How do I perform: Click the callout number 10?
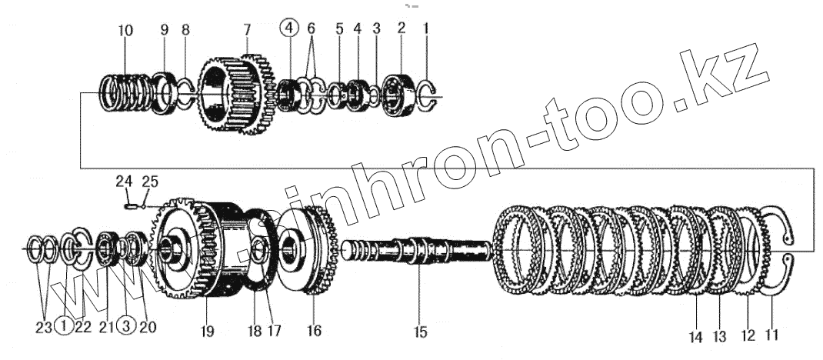point(125,31)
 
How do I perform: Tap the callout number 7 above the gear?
point(246,31)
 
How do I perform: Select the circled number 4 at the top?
point(288,28)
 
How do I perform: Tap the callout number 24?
point(125,182)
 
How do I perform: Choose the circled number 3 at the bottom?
point(128,326)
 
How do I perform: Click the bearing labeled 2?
point(398,94)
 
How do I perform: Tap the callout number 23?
point(43,326)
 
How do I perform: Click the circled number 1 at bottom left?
point(65,326)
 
